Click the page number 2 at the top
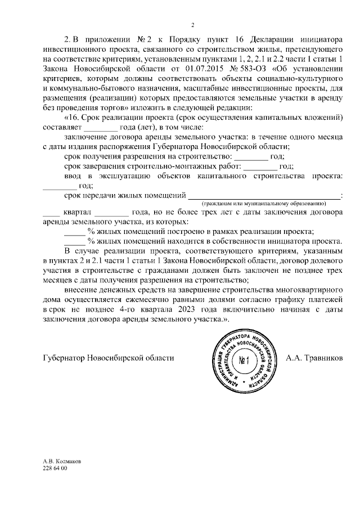[x=192, y=25]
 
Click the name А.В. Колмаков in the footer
[x=62, y=461]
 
